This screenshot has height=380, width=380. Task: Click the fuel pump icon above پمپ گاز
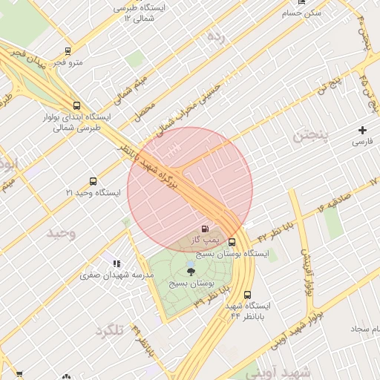point(205,229)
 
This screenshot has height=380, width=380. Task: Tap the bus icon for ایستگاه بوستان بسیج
point(232,242)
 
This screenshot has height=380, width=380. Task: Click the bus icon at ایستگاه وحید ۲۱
point(93,181)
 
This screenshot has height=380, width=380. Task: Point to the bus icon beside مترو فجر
point(68,51)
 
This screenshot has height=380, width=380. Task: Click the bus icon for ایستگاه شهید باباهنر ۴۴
point(247,294)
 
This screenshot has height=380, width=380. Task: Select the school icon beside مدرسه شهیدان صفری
point(117,263)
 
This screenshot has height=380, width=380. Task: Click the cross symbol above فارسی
point(362,130)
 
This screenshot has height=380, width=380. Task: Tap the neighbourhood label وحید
point(62,232)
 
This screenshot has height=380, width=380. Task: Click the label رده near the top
point(215,35)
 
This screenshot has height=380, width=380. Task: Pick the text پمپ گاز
point(203,240)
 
